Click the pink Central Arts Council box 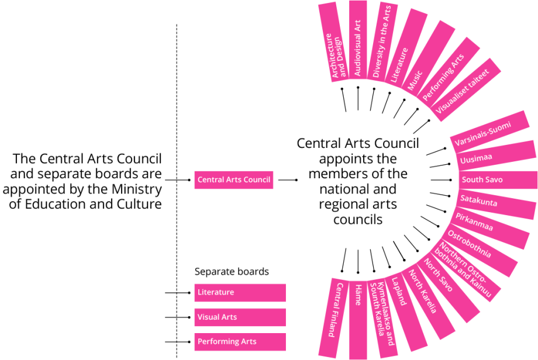click(x=234, y=180)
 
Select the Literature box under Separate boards click(x=240, y=293)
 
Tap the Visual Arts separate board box click(x=240, y=317)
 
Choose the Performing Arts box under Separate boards click(x=240, y=342)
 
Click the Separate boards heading click(x=232, y=272)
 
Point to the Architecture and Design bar click(x=334, y=42)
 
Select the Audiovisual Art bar click(x=358, y=40)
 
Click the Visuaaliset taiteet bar click(x=465, y=90)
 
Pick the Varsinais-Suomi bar click(x=489, y=132)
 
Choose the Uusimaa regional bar click(x=496, y=155)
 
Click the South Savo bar click(x=498, y=180)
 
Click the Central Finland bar click(x=334, y=318)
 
